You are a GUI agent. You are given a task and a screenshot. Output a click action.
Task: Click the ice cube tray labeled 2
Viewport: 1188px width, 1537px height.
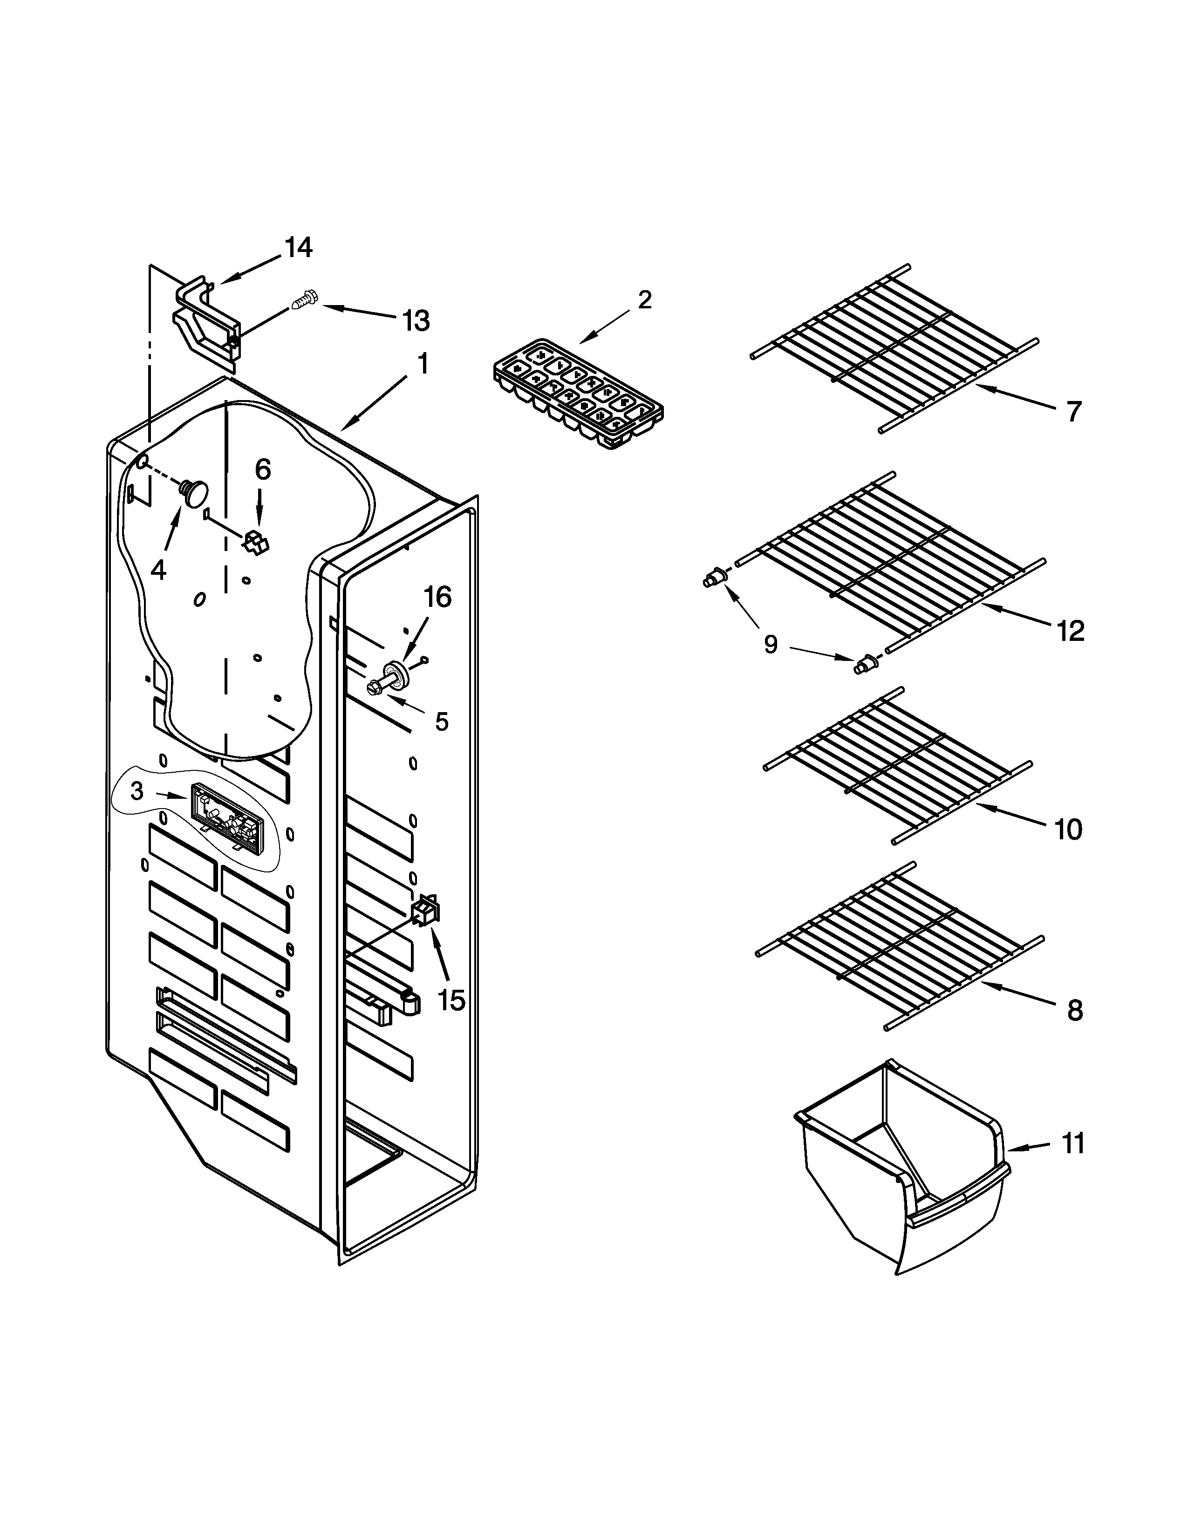[579, 394]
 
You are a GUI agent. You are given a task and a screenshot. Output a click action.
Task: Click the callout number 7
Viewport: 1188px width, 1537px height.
[1072, 411]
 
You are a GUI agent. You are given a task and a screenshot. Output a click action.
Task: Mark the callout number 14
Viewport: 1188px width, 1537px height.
[299, 248]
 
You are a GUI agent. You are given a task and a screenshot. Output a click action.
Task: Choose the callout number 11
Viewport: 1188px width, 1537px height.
[1072, 1143]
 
